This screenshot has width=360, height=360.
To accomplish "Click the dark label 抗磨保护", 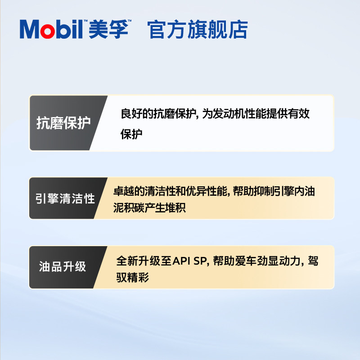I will coord(63,123).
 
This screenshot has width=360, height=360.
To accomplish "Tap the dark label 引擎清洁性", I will coord(66,198).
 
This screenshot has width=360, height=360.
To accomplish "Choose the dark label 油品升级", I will coord(63,267).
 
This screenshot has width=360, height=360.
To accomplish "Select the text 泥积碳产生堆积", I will coord(150,208).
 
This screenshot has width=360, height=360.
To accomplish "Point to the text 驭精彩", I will coord(133,278).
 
